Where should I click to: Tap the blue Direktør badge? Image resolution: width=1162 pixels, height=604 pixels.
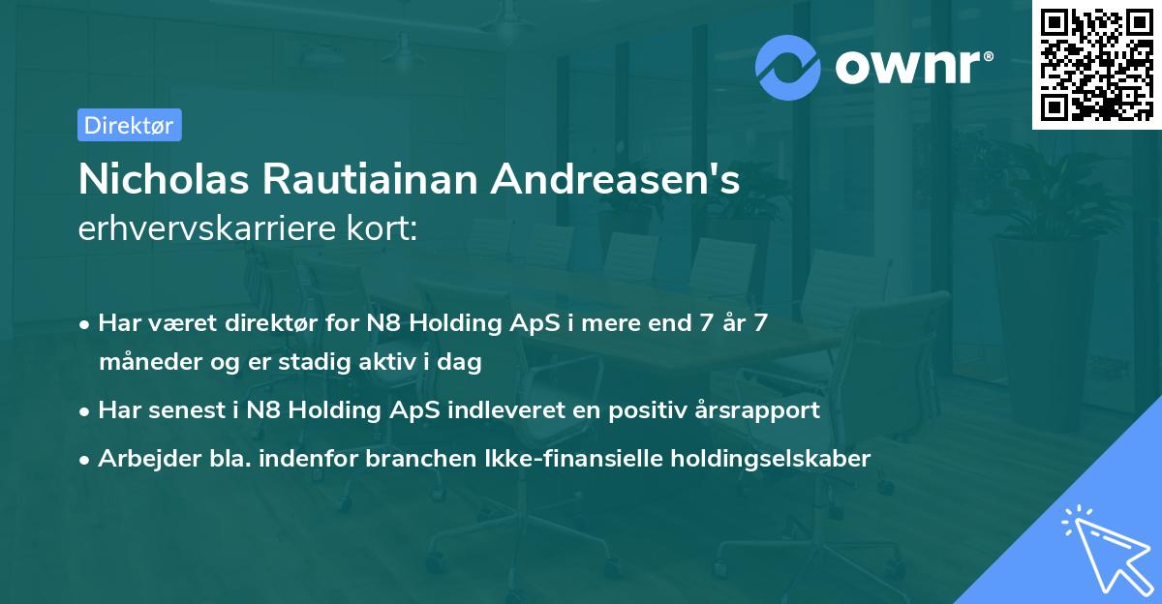coord(129,125)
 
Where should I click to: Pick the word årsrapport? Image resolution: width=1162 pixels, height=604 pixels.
coord(758,409)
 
